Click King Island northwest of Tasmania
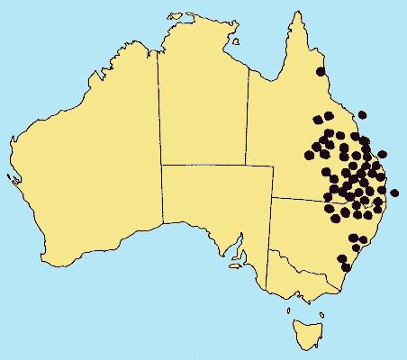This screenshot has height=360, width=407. point(289,311)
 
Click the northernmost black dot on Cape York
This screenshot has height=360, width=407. point(320,71)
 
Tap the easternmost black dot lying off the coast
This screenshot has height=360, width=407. point(394,193)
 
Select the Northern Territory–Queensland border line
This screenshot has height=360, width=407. point(247,117)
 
